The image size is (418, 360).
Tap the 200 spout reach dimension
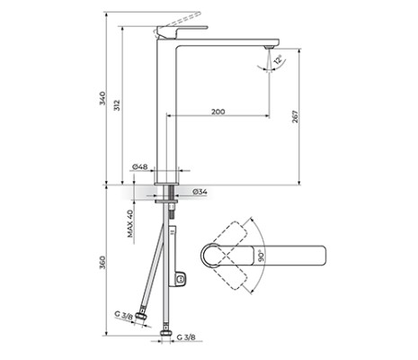pos(218,111)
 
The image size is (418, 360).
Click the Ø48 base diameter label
pos(139,167)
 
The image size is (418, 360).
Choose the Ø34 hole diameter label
pos(200,191)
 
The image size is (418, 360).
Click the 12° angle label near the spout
pos(279,61)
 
